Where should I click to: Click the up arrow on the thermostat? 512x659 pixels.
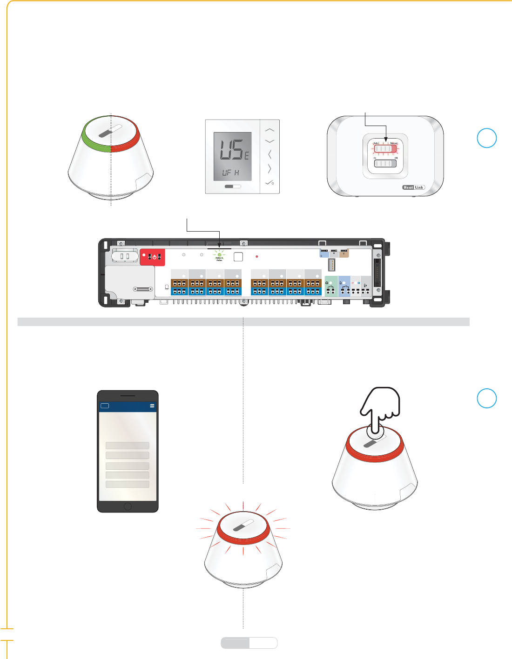click(x=269, y=130)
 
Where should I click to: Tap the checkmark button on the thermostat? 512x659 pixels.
click(x=269, y=183)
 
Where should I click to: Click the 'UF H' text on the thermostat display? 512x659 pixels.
click(x=230, y=173)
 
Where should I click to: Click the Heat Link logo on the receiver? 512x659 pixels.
click(x=413, y=187)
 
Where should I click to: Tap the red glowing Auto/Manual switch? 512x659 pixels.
click(x=385, y=149)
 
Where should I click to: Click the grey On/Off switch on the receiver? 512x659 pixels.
click(x=385, y=163)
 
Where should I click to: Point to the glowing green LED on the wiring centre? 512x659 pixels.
click(x=219, y=255)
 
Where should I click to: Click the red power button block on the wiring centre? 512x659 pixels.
click(x=153, y=257)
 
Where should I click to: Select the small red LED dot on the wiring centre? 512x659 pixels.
click(x=257, y=256)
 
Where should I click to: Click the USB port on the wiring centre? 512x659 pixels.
click(x=332, y=265)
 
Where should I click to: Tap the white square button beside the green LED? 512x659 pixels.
click(x=238, y=256)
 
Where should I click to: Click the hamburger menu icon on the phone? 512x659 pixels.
click(x=152, y=406)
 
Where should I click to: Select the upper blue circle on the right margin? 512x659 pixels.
click(x=487, y=138)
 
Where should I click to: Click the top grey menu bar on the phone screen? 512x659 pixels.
click(x=128, y=446)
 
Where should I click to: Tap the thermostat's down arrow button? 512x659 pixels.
click(x=269, y=141)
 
